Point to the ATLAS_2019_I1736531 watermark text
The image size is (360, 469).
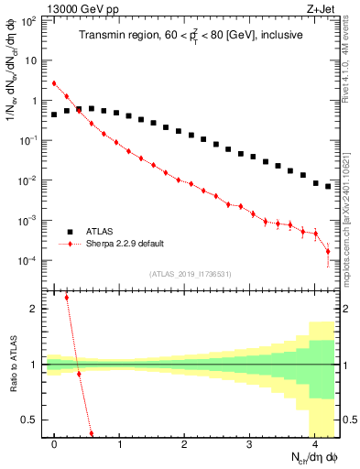191,273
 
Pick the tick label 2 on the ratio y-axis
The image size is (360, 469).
32,309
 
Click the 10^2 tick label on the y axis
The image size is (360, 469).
27,20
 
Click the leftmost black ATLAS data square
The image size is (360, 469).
54,115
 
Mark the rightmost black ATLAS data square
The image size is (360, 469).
328,186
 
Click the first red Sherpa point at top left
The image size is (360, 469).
54,83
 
